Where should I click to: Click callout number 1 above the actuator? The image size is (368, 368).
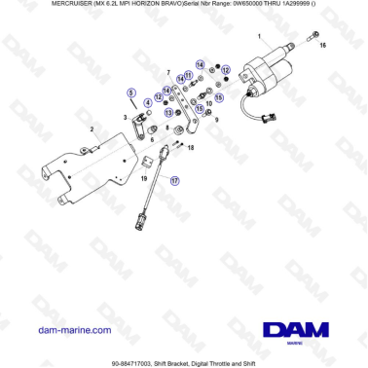[260, 37]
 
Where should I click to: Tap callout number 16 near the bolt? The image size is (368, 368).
[324, 46]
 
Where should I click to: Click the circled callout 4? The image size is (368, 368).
[148, 101]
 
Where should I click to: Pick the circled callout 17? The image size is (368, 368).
[175, 180]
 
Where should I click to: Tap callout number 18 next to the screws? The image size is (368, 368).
[192, 147]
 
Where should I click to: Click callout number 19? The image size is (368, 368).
[145, 179]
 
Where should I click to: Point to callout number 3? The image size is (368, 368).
[125, 117]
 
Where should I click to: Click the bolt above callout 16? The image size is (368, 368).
[315, 35]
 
